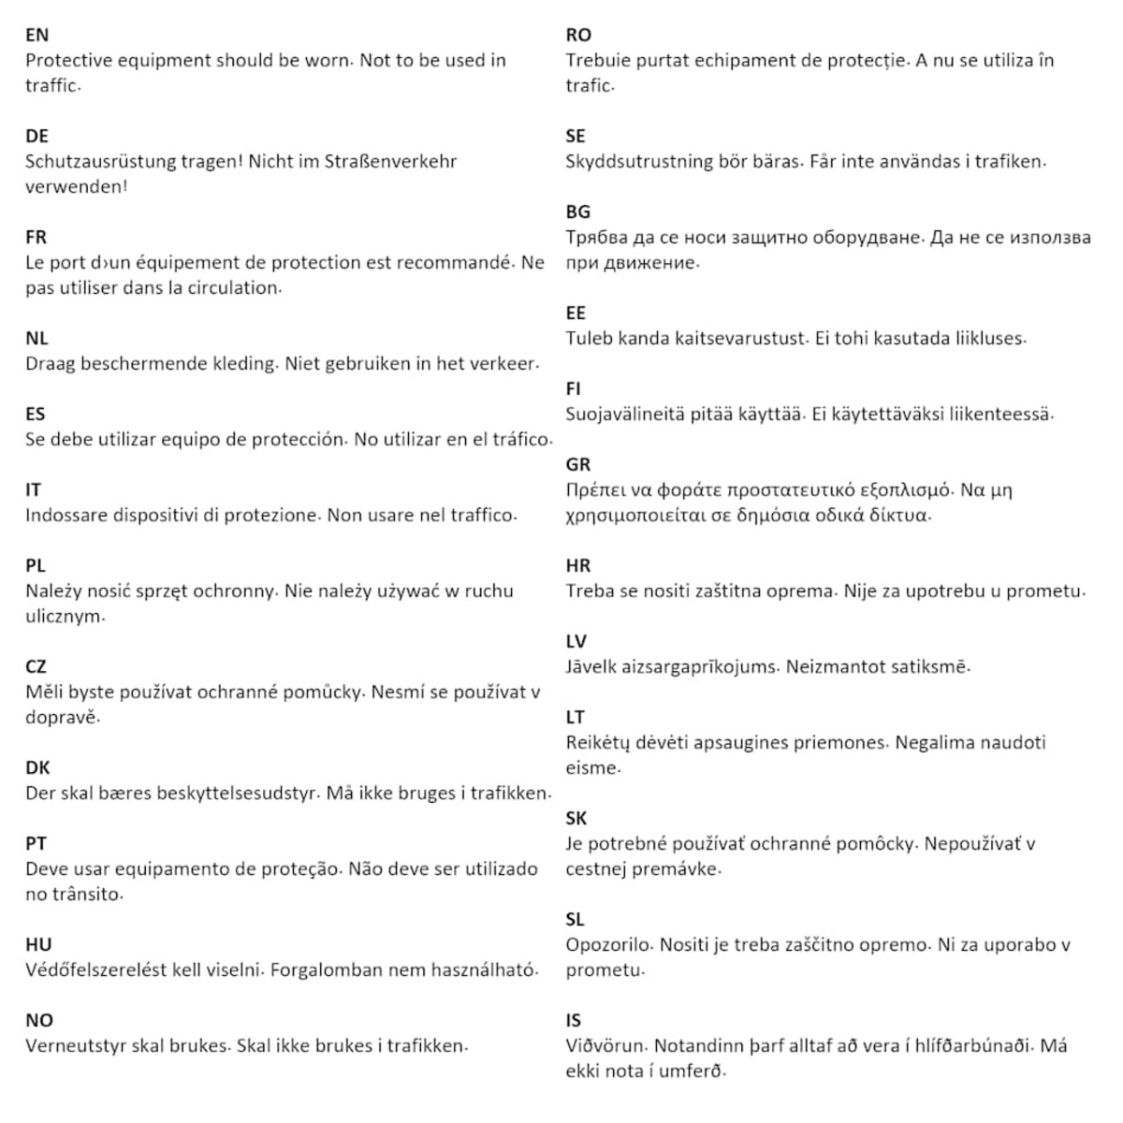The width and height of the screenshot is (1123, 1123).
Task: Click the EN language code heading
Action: pyautogui.click(x=36, y=36)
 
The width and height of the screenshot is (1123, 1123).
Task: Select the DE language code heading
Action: pyautogui.click(x=36, y=137)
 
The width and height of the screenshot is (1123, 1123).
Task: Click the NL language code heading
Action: pyautogui.click(x=36, y=339)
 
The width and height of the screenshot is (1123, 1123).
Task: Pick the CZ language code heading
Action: pyautogui.click(x=36, y=667)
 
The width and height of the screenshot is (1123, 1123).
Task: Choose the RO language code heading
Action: pyautogui.click(x=578, y=36)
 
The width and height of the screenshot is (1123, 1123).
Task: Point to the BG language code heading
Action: pyautogui.click(x=578, y=212)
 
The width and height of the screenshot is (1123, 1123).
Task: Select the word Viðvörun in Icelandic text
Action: pyautogui.click(x=605, y=1046)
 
